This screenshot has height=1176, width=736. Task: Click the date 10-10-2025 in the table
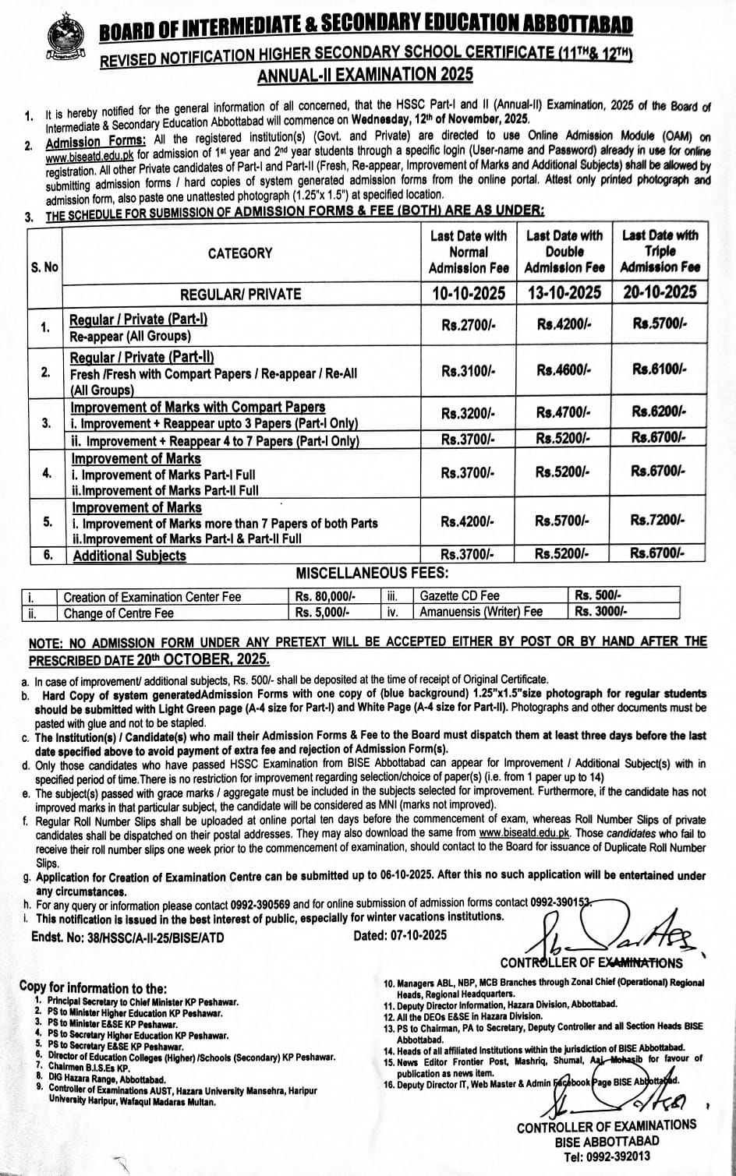coord(468,292)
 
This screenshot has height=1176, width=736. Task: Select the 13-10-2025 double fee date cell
coord(564,292)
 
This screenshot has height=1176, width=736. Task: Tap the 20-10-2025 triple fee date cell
coord(660,292)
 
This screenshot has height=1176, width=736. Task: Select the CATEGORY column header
coord(240,253)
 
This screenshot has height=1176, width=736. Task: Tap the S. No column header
coord(44,267)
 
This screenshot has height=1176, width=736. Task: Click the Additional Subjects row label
coord(129,556)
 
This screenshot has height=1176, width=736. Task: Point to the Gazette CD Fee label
coord(459,596)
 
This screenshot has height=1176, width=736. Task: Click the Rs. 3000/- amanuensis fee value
coord(600,612)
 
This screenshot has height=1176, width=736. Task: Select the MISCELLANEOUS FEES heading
coord(372,574)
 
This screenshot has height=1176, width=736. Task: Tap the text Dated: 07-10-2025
coord(400,936)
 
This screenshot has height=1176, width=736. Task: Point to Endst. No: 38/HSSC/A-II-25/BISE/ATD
coord(128,937)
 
